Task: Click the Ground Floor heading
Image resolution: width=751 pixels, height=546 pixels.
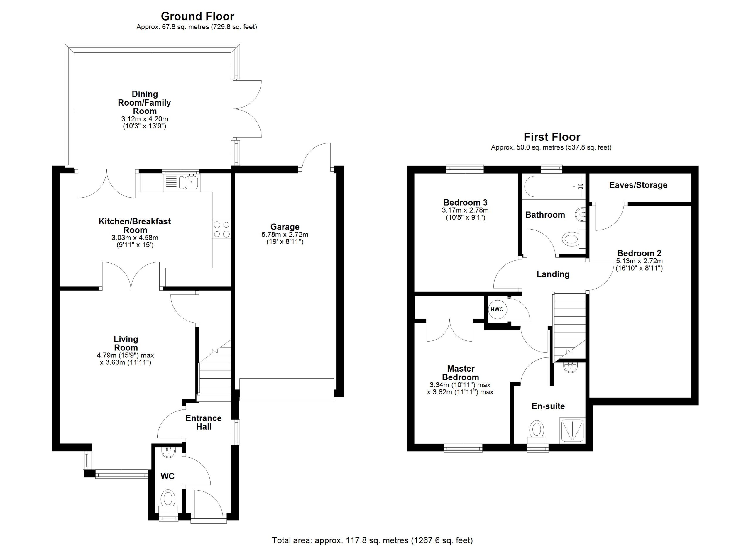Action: click(197, 16)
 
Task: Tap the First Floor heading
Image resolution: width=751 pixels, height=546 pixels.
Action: click(552, 137)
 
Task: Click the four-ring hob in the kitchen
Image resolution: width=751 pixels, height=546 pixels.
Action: click(221, 229)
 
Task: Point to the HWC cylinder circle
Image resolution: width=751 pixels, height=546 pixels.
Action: click(497, 309)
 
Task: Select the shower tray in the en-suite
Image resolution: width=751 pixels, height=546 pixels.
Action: click(572, 430)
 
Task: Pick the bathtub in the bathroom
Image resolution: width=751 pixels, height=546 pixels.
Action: click(554, 186)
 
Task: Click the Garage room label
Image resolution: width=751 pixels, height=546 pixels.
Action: click(285, 227)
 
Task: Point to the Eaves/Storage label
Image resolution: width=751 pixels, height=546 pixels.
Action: click(638, 185)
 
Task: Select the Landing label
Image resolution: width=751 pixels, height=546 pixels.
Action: click(553, 274)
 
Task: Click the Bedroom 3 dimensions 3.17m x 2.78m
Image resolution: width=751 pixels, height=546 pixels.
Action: click(465, 210)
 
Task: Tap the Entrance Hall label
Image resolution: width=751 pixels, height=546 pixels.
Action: click(204, 422)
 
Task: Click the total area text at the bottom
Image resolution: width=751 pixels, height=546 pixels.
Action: click(372, 540)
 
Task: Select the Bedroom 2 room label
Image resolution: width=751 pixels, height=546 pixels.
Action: click(639, 253)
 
